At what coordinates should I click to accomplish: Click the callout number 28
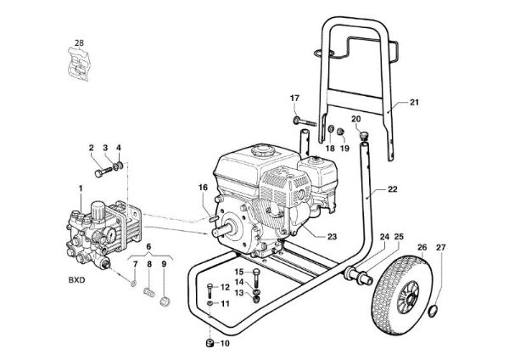pos(79,42)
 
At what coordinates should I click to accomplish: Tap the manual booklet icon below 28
pos(78,64)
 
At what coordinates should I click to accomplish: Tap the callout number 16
pos(203,188)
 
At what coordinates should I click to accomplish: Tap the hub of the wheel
pos(411,295)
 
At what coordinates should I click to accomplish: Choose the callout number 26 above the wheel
pos(422,248)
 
